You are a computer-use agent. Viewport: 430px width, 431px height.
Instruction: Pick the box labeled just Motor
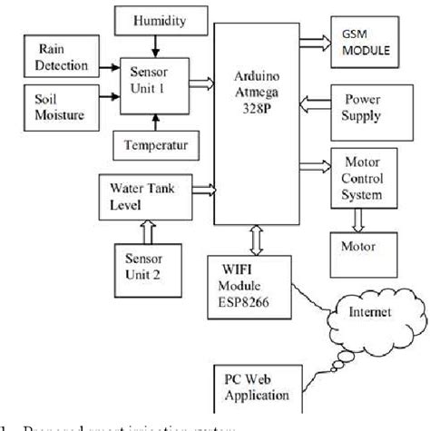[361, 244]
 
